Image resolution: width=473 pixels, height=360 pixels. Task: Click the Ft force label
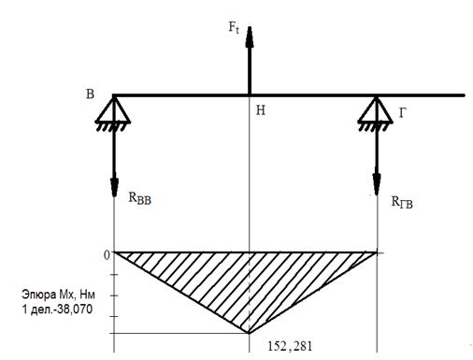point(234,27)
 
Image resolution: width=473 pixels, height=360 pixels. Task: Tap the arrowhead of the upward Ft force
point(250,27)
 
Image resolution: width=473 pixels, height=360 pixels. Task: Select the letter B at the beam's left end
point(90,94)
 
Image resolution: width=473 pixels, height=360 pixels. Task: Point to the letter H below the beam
point(261,110)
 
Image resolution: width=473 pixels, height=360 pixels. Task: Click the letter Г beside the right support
point(403,113)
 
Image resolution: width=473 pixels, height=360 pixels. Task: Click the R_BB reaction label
point(140,198)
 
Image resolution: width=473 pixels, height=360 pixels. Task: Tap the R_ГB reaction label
point(402,202)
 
